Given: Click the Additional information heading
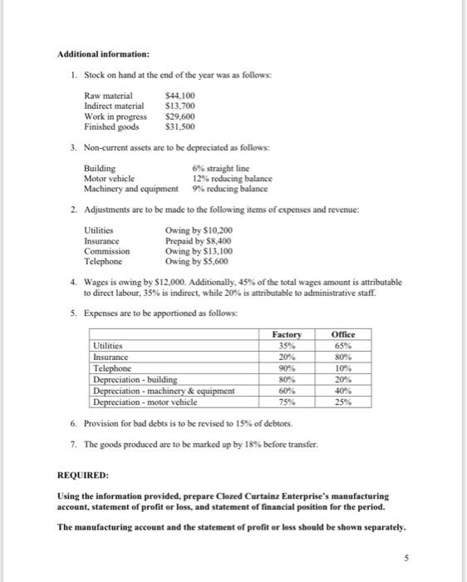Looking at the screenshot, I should click(103, 55).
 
